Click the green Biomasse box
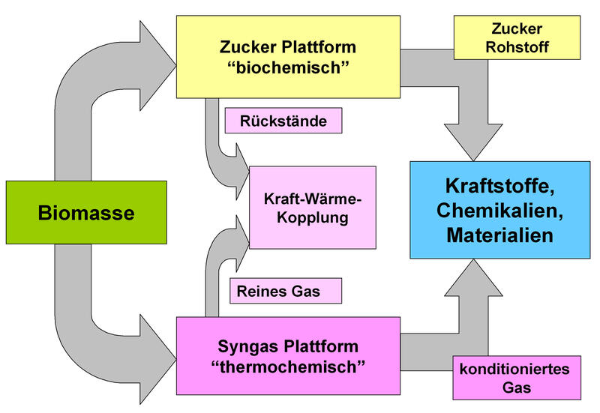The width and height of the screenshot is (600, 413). [86, 214]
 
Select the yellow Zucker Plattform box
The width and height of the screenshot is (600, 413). [288, 56]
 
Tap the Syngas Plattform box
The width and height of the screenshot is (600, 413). [288, 356]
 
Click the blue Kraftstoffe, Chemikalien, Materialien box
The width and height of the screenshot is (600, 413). [499, 210]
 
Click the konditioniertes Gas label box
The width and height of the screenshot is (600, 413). [515, 378]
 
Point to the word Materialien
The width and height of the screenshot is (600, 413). [499, 235]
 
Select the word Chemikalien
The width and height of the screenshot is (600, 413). [499, 210]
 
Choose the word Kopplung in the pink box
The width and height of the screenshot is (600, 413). [313, 219]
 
